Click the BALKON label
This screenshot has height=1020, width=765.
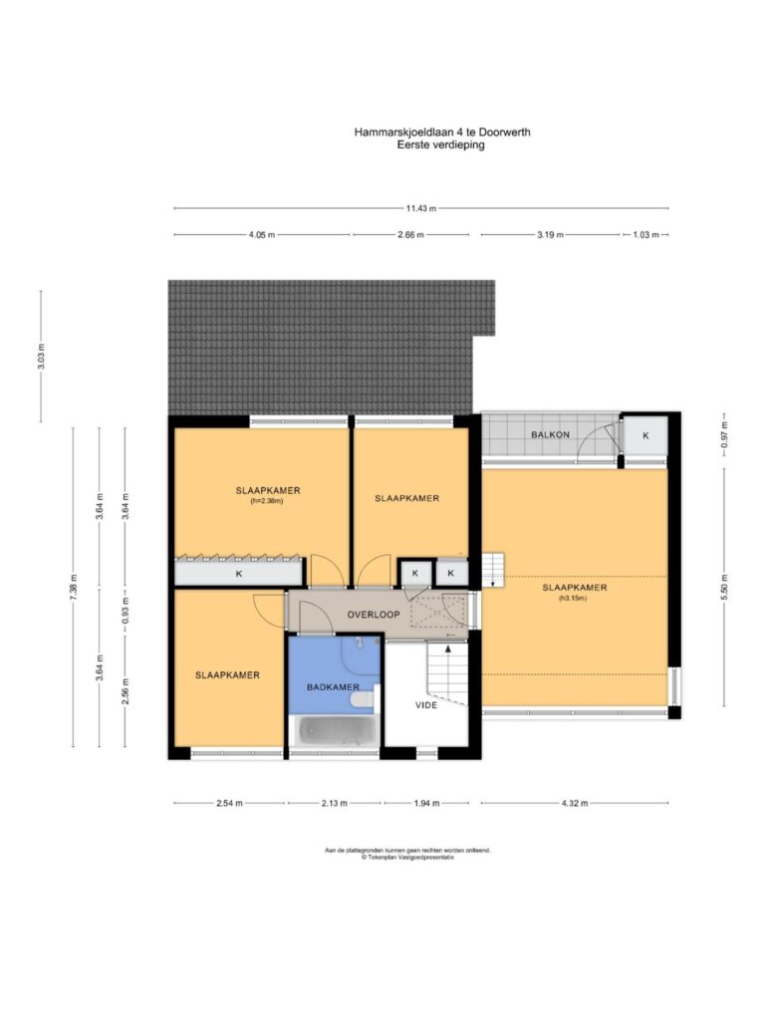550,434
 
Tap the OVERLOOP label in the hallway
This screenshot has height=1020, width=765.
374,614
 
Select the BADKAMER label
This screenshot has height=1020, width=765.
333,687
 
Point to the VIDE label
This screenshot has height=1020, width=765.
426,705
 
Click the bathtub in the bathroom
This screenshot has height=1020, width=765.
334,731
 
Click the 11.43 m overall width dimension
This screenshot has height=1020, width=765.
421,208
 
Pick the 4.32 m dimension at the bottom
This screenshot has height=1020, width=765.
575,804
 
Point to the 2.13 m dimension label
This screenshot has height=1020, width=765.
335,804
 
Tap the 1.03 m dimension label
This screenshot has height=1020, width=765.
645,235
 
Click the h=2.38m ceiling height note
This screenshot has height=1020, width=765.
267,502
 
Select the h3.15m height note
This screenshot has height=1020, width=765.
573,599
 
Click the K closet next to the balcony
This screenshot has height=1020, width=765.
645,436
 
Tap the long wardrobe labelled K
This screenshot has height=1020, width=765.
239,573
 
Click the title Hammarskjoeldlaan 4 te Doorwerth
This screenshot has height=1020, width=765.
442,132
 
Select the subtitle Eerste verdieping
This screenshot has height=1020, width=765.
441,145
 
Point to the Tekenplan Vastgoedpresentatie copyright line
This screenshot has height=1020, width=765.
407,858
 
